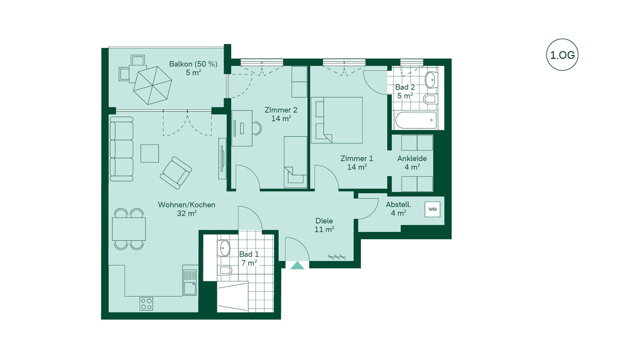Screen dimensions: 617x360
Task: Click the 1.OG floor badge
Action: click(x=562, y=55)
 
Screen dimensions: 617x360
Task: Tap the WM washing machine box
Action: click(x=433, y=209)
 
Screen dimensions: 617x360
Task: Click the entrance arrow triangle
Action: click(x=297, y=265)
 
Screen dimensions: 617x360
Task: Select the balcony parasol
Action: click(x=153, y=85)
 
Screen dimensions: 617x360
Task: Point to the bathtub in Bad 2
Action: click(x=416, y=120)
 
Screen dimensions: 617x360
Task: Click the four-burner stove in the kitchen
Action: click(x=146, y=304)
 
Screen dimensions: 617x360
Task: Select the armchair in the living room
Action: click(x=176, y=173)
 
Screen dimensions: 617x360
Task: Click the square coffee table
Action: click(x=150, y=153)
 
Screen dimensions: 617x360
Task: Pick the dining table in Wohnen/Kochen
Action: click(x=129, y=229)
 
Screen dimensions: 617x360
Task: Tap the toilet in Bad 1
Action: click(x=224, y=270)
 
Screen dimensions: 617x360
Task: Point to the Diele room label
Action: click(x=324, y=225)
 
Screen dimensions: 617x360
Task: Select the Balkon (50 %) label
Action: click(x=193, y=64)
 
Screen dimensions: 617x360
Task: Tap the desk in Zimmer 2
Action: click(x=242, y=128)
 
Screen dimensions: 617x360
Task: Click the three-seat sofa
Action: click(x=121, y=149)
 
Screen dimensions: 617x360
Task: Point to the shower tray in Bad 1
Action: click(x=232, y=297)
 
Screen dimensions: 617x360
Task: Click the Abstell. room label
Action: click(x=398, y=209)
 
